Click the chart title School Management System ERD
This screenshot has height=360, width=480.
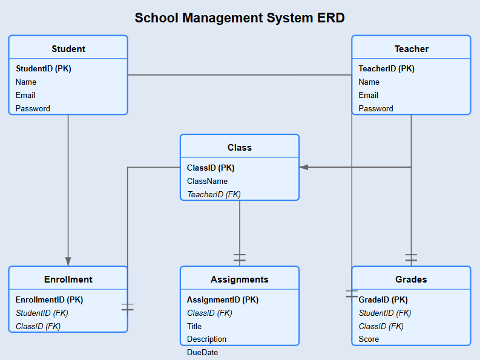click(x=240, y=18)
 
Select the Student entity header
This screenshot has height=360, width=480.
click(x=68, y=49)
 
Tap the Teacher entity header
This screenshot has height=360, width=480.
click(x=411, y=49)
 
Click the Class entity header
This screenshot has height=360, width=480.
click(x=240, y=148)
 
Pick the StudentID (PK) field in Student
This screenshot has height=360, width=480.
click(x=44, y=68)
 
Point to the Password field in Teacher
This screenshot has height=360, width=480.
click(x=376, y=108)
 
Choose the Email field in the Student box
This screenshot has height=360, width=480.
click(x=25, y=95)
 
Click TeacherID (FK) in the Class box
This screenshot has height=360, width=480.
click(x=214, y=194)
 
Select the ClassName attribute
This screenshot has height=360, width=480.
click(x=208, y=181)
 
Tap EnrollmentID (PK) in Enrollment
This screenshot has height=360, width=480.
click(x=49, y=299)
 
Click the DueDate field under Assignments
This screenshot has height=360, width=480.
click(x=203, y=352)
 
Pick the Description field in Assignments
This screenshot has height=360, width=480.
click(x=207, y=339)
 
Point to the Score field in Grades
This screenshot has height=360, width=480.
click(x=369, y=339)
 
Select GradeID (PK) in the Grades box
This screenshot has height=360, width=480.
click(x=383, y=299)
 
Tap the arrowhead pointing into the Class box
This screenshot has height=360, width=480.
click(x=304, y=167)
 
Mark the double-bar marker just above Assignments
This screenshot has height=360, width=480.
click(x=240, y=258)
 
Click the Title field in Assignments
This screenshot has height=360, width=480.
click(x=194, y=326)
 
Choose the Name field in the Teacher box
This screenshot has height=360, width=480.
click(x=369, y=82)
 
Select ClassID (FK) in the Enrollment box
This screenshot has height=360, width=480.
click(x=38, y=326)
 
